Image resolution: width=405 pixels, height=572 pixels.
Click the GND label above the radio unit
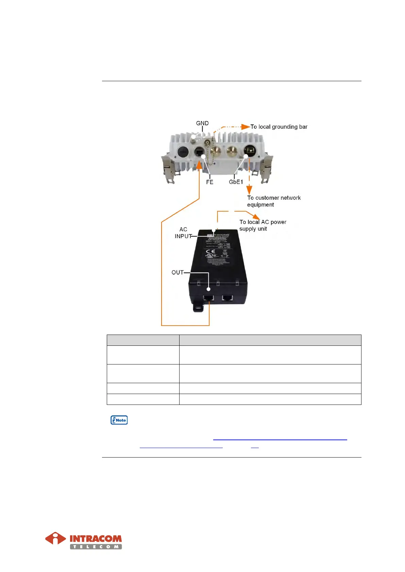(202, 123)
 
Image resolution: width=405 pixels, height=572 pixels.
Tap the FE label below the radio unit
(209, 182)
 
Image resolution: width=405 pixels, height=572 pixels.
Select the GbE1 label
(236, 182)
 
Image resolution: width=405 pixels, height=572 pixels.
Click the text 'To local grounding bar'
(279, 127)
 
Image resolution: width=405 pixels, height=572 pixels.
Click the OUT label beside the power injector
(178, 272)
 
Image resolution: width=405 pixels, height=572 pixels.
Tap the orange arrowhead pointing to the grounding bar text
(246, 127)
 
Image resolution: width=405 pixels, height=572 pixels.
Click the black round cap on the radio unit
(183, 151)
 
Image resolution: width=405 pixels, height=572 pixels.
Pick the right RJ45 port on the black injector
(227, 298)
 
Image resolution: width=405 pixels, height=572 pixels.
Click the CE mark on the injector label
(210, 252)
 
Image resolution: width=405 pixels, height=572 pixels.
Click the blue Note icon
(119, 420)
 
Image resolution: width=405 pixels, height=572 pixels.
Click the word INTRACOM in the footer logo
(96, 539)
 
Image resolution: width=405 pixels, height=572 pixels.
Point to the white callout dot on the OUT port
(208, 289)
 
